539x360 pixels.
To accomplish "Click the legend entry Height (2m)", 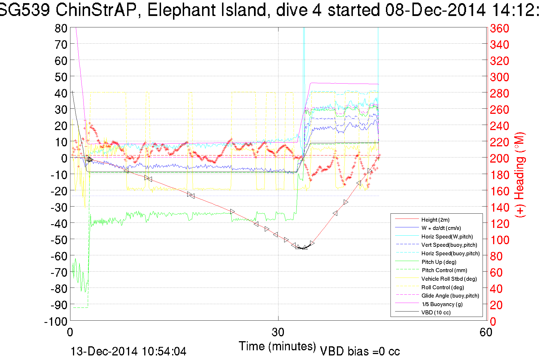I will pos(435,220).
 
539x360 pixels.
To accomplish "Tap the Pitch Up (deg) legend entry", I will pos(439,262).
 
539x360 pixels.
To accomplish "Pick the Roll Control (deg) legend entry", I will pos(442,287).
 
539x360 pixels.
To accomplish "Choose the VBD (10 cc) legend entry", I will pos(436,313).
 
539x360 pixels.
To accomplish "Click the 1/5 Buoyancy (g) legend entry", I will pos(442,304).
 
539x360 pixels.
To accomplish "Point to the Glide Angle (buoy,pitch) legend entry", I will pos(450,296).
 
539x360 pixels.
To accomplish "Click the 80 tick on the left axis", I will pos(61,28).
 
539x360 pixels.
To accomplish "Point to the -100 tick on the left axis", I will pos(56,321).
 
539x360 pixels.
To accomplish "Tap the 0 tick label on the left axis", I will pos(64,158).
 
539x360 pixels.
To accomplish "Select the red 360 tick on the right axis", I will pos(499,29).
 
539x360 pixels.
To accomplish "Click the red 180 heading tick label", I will pos(499,175).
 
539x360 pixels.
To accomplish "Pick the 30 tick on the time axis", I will pos(278,332).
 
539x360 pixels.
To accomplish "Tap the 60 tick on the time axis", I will pos(486,332).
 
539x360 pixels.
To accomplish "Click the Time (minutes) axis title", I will pos(277,346).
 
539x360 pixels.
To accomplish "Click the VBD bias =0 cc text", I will pos(360,351).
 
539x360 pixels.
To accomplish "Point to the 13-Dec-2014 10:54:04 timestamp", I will pos(128,351).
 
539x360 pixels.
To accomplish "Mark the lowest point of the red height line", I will pos(302,248).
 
